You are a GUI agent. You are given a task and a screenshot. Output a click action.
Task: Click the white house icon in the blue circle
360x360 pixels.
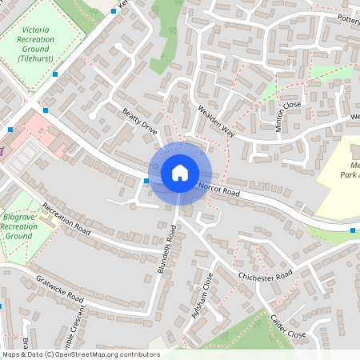[x=179, y=173]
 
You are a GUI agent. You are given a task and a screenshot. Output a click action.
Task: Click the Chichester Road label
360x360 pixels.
[x=266, y=276]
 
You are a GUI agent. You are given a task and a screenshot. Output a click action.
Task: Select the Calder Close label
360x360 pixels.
[x=288, y=325]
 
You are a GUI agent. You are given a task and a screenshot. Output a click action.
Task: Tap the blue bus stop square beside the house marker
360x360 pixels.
[x=146, y=182]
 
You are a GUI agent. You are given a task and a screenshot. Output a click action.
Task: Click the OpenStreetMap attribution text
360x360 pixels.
[x=81, y=354]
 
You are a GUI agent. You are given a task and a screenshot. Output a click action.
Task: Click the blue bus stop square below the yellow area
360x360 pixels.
[x=353, y=231]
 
